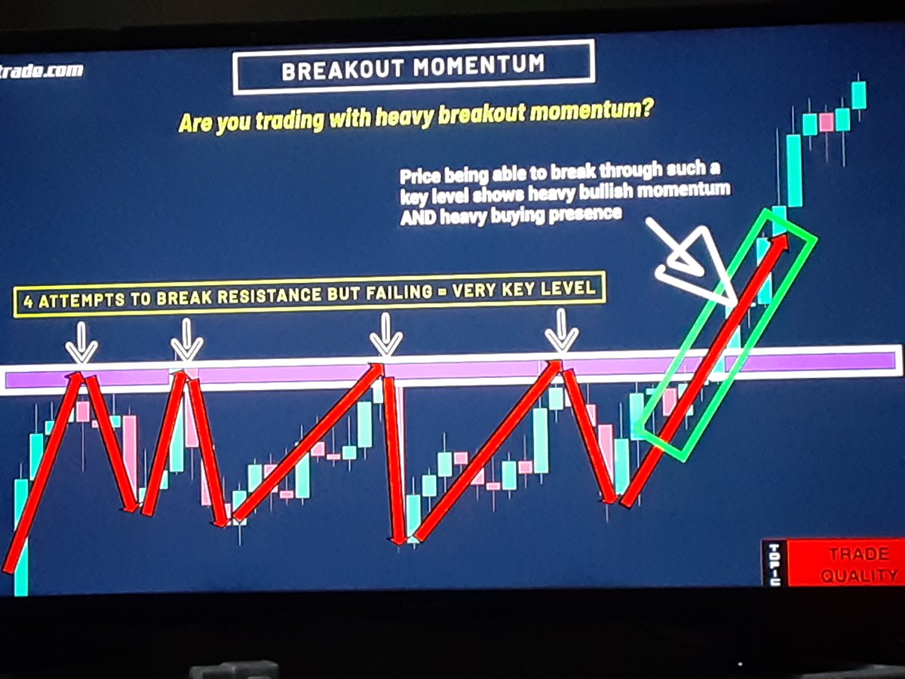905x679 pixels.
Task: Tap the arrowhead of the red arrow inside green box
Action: click(x=780, y=243)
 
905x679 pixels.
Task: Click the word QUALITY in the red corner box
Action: click(x=860, y=576)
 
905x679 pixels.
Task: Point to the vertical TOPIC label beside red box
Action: click(x=775, y=563)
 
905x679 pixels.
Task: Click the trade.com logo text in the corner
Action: click(x=41, y=71)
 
